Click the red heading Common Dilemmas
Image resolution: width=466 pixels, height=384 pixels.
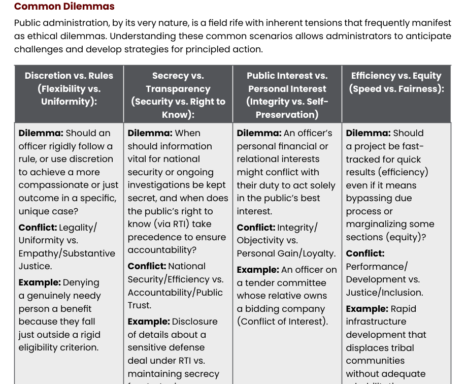64,7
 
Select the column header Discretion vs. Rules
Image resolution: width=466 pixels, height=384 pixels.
69,76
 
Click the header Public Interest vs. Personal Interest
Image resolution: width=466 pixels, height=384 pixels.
287,82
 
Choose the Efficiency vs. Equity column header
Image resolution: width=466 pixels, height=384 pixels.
396,76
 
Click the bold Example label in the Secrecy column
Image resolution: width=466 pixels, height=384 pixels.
148,322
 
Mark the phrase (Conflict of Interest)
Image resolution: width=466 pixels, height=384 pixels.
282,322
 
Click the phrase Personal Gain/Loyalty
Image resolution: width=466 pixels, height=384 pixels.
286,253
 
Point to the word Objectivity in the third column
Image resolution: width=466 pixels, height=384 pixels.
259,240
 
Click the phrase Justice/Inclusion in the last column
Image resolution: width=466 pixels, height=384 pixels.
384,292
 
